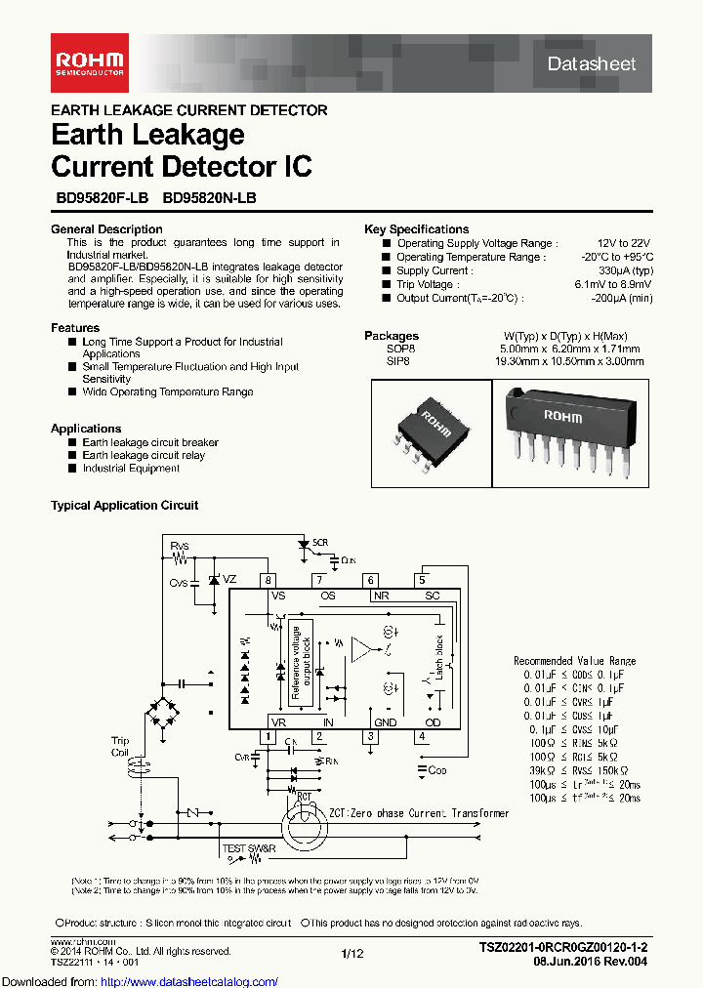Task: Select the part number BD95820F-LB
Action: [102, 196]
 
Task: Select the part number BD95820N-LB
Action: [209, 196]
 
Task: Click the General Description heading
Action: [106, 229]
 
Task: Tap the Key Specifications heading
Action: [416, 229]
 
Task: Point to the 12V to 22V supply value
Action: [623, 243]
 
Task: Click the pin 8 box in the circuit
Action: [269, 580]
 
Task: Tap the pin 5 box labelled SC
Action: [422, 580]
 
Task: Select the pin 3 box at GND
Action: [370, 736]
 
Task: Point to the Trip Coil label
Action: [119, 747]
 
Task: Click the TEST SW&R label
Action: [249, 848]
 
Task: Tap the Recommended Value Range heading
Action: [574, 661]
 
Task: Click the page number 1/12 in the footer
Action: [351, 953]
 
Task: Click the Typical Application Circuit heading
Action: [124, 506]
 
